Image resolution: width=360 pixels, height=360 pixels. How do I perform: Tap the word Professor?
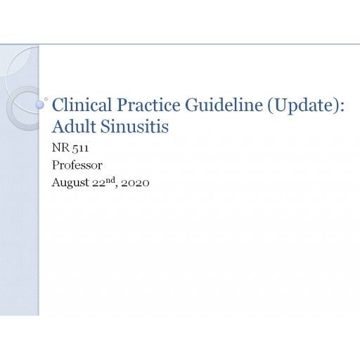(77, 165)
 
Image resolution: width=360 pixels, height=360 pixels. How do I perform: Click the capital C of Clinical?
(58, 106)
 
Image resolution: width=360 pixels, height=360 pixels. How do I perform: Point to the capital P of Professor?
(56, 165)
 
